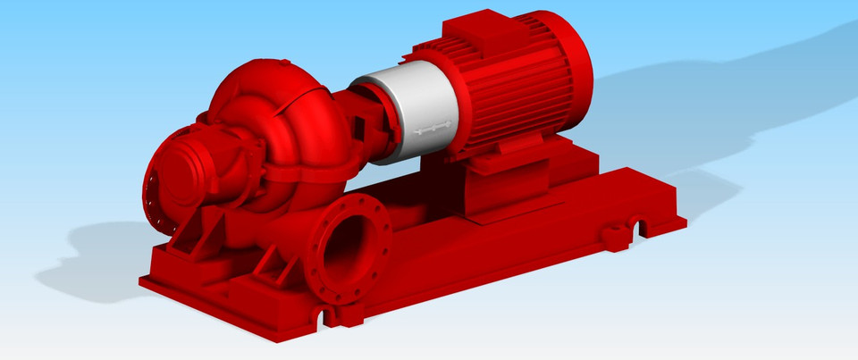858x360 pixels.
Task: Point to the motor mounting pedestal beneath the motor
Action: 505,183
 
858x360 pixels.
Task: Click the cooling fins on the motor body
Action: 509,98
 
